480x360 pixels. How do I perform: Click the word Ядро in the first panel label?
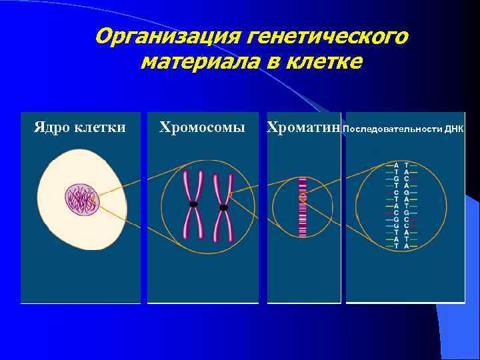pyautogui.click(x=50, y=127)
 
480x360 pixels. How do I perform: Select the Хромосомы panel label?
pyautogui.click(x=202, y=127)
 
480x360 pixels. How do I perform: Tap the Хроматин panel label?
pyautogui.click(x=303, y=127)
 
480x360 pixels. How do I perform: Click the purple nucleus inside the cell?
pyautogui.click(x=81, y=201)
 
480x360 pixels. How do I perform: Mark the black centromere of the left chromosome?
pyautogui.click(x=193, y=203)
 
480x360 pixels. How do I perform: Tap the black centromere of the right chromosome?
pyautogui.click(x=224, y=207)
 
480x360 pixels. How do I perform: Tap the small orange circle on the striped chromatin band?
pyautogui.click(x=303, y=198)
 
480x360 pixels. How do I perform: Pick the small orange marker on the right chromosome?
pyautogui.click(x=230, y=195)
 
